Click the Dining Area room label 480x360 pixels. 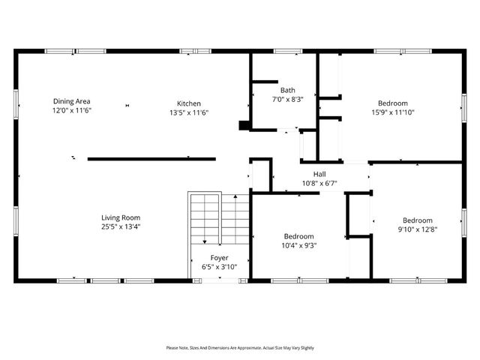[x=71, y=101]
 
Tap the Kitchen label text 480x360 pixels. [x=188, y=103]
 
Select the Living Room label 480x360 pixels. [x=121, y=217]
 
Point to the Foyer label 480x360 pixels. [x=220, y=257]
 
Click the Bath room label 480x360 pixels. [x=288, y=90]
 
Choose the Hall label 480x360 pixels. [x=319, y=173]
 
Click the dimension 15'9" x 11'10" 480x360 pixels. [x=392, y=112]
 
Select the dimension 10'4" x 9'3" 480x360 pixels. [x=298, y=244]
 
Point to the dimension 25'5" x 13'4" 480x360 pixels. [x=121, y=226]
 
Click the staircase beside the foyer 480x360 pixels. [x=218, y=217]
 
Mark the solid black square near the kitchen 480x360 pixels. [x=244, y=126]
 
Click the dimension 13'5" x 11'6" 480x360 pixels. [x=188, y=112]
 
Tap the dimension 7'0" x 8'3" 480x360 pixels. [x=288, y=99]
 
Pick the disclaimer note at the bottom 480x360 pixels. [x=240, y=348]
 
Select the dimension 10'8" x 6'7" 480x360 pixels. [x=319, y=182]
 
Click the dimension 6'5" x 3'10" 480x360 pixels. [x=220, y=266]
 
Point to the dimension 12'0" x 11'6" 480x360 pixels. [x=71, y=110]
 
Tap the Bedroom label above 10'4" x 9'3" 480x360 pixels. [x=298, y=235]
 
